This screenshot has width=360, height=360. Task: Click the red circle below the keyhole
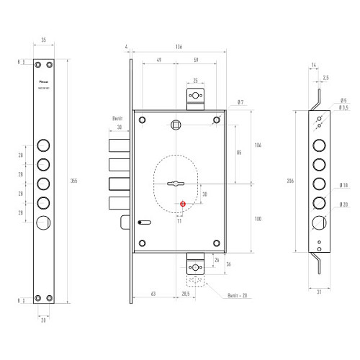[x=183, y=203]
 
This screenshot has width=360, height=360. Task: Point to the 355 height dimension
[x=75, y=181]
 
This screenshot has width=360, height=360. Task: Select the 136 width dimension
[x=179, y=47]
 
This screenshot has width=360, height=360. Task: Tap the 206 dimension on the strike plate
[x=290, y=181]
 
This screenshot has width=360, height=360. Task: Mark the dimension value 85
[x=238, y=153]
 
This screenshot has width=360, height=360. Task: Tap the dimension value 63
[x=154, y=294]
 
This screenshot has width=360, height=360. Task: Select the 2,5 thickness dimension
[x=326, y=77]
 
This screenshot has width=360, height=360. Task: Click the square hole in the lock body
[x=176, y=127]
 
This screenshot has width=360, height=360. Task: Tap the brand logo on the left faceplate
[x=44, y=82]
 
